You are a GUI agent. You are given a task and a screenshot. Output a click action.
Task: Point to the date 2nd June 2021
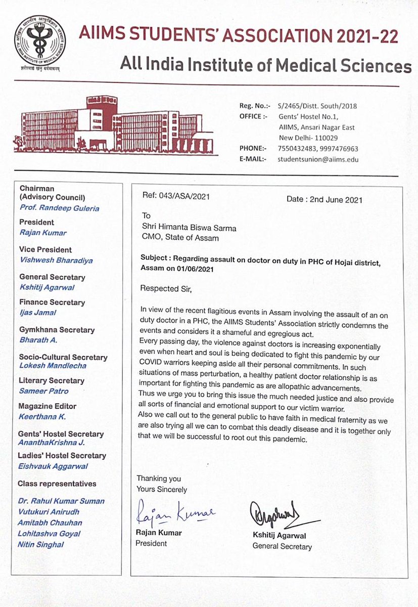coord(324,199)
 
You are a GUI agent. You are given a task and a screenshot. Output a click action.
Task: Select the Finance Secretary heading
coord(52,302)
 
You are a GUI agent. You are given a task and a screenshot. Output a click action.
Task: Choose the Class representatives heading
coord(57,484)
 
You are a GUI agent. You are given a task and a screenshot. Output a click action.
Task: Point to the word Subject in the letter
coord(155,257)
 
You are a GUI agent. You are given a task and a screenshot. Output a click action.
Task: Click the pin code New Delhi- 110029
coord(308,138)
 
